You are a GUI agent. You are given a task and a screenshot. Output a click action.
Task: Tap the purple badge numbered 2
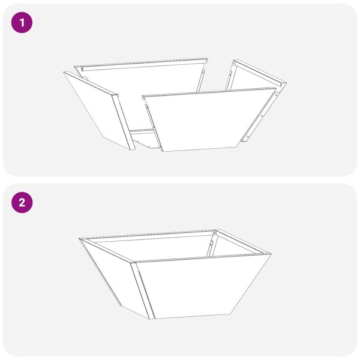pos(22,202)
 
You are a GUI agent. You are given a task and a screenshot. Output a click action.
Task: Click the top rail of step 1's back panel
pos(144,64)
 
